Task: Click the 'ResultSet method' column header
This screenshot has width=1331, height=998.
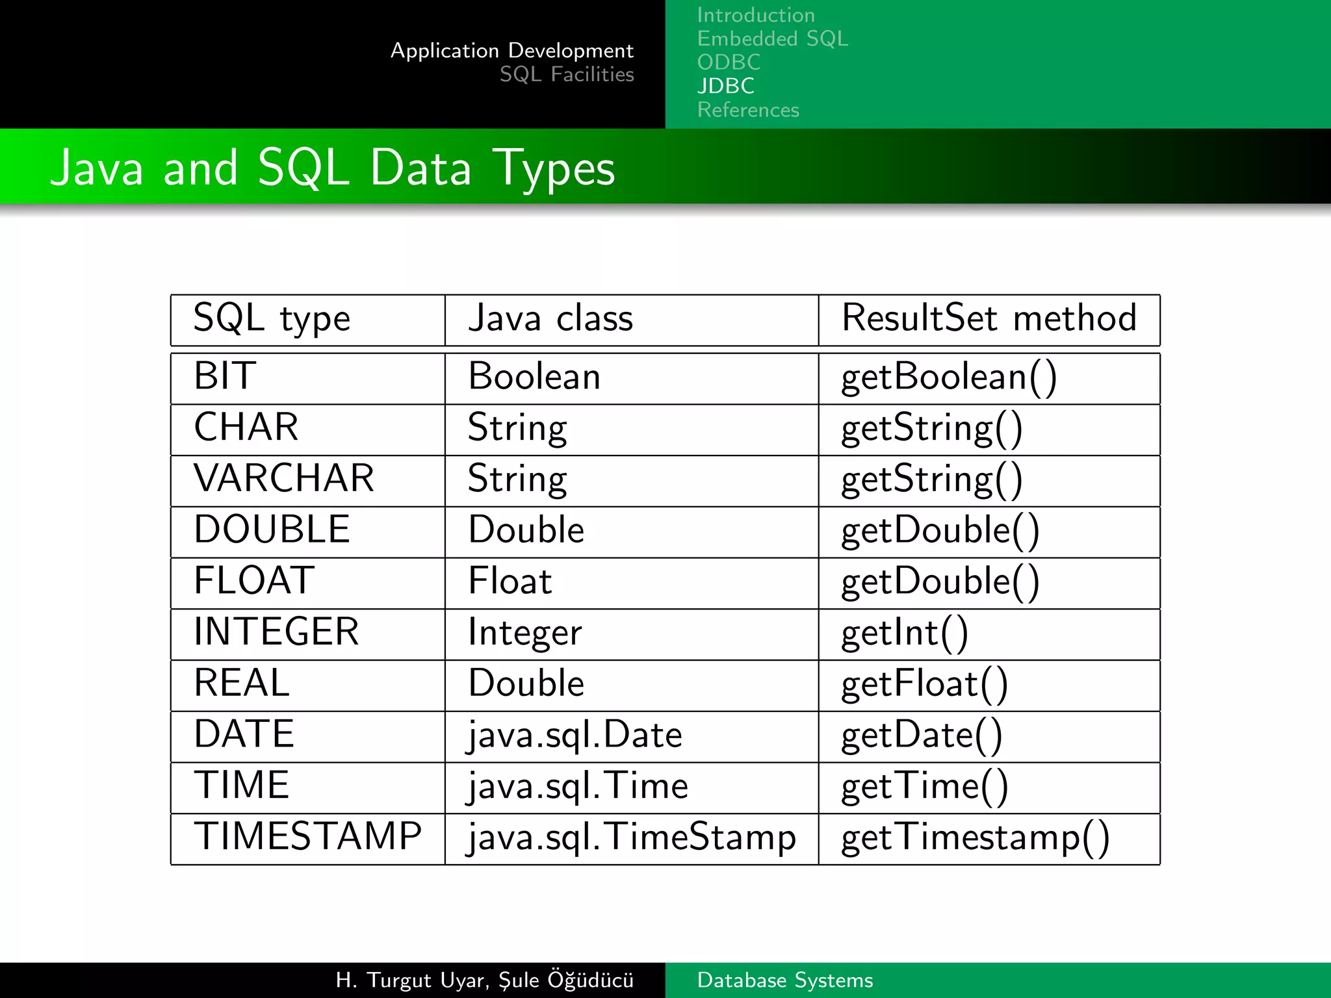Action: [989, 319]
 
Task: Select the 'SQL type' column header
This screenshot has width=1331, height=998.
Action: [272, 319]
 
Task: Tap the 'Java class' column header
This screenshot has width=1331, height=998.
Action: [550, 319]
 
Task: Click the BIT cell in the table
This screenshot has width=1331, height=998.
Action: [225, 376]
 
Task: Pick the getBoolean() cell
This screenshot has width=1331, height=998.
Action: [949, 377]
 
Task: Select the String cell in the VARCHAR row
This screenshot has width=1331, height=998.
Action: [517, 480]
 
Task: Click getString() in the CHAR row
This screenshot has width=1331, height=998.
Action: [932, 429]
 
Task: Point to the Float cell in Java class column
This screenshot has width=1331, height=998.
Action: [510, 581]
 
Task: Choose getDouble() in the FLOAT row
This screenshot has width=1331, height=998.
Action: [940, 582]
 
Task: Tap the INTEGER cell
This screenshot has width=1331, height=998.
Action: [276, 632]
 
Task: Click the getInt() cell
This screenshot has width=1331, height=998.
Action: [905, 633]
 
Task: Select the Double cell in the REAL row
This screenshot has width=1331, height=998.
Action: [526, 684]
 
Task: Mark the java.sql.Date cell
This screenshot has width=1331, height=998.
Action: [575, 736]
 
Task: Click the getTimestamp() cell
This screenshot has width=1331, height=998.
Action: [975, 838]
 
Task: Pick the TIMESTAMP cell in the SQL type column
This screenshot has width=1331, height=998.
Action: [308, 837]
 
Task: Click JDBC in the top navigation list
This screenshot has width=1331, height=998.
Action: [725, 86]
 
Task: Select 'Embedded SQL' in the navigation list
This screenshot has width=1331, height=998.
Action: [772, 39]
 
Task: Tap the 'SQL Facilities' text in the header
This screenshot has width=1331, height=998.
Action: [566, 75]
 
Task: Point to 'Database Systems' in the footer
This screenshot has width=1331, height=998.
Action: [784, 980]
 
